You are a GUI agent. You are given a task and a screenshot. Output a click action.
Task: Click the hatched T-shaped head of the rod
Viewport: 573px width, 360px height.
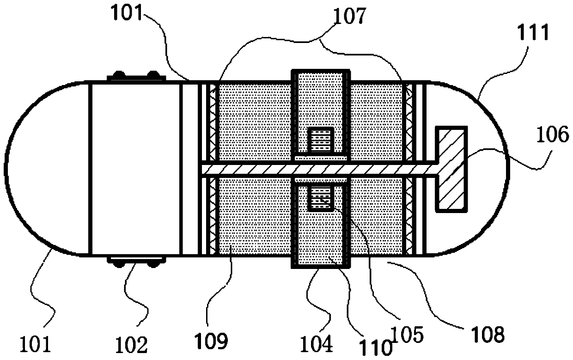(x=451, y=169)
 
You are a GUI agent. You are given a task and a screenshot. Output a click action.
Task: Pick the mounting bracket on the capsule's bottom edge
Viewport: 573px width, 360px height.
(x=133, y=260)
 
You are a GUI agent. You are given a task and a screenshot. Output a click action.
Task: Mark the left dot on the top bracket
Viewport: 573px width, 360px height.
(x=119, y=74)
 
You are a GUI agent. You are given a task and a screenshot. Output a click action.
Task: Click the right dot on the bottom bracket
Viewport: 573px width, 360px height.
(x=153, y=264)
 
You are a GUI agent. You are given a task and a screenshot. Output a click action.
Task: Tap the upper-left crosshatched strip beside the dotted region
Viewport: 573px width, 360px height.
(x=213, y=122)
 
